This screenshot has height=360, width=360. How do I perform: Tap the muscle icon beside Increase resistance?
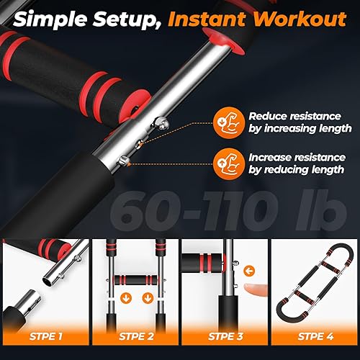tap(225, 162)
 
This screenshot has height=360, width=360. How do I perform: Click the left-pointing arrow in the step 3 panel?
tap(248, 271)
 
